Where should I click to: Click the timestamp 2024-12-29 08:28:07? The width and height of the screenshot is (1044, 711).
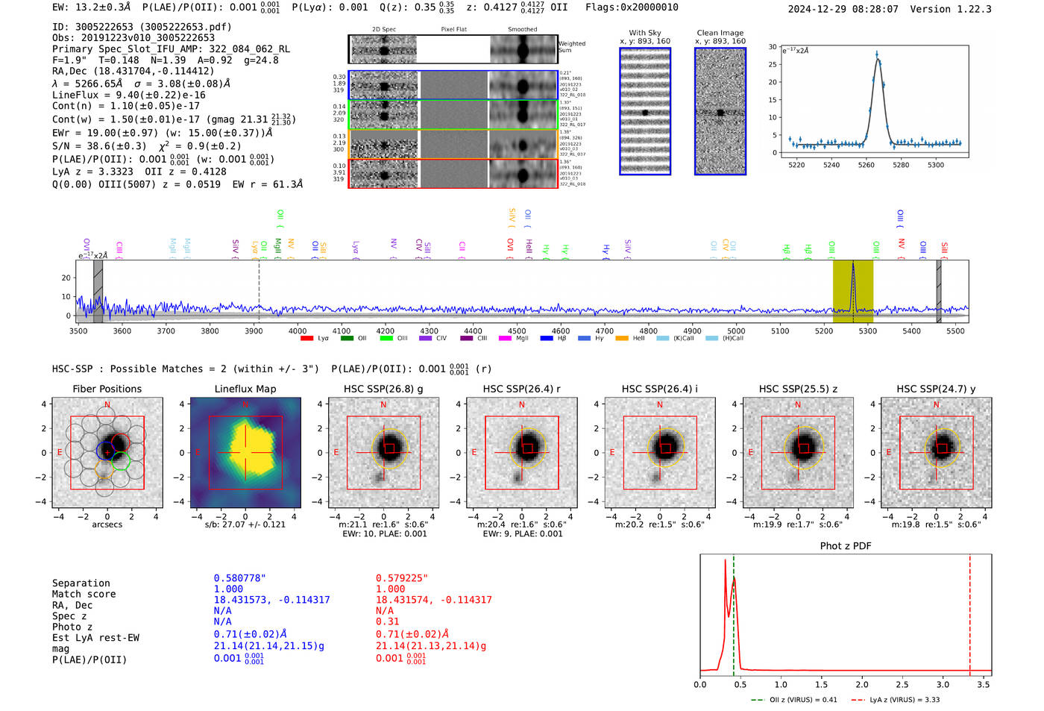click(x=843, y=9)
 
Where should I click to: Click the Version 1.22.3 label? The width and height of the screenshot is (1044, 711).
click(x=952, y=9)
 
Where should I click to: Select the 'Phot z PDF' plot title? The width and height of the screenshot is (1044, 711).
click(x=846, y=546)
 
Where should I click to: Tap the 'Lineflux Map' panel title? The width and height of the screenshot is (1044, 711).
click(x=245, y=389)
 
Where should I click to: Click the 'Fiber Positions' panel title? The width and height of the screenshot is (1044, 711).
click(x=107, y=389)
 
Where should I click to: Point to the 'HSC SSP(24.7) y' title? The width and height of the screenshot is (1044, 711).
click(x=936, y=389)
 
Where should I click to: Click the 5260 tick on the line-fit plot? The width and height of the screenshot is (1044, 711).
click(x=866, y=165)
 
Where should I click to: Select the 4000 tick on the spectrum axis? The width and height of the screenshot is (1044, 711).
click(x=298, y=331)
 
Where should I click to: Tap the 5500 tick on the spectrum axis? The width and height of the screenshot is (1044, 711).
click(x=955, y=331)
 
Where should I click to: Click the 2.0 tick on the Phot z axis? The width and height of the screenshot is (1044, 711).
click(x=862, y=684)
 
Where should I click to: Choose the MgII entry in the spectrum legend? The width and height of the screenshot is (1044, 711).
click(x=518, y=339)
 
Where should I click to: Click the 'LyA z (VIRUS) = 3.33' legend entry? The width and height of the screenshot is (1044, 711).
click(x=904, y=700)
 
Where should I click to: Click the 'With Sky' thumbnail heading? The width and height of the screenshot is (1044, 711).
click(x=645, y=33)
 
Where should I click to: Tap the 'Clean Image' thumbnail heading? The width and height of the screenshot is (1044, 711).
click(x=720, y=33)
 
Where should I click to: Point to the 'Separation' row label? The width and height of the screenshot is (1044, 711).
click(x=81, y=583)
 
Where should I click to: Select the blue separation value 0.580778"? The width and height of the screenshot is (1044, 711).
click(x=239, y=578)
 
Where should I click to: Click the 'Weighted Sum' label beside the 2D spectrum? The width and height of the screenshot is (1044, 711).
click(x=571, y=46)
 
